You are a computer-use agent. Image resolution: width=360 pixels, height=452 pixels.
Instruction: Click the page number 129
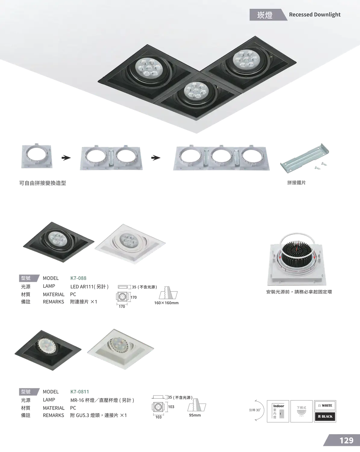(x=346, y=441)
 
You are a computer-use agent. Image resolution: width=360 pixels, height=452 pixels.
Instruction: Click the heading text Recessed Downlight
(x=315, y=14)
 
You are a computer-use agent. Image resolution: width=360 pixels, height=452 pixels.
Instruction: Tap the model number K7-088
(x=78, y=278)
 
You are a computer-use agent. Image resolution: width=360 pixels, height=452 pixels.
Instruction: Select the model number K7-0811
(x=80, y=392)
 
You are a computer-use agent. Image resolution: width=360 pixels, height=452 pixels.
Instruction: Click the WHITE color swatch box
(x=325, y=406)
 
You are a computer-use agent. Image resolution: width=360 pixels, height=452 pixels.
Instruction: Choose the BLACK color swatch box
(x=325, y=416)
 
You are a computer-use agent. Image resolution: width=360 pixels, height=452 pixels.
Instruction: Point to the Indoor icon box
(x=278, y=411)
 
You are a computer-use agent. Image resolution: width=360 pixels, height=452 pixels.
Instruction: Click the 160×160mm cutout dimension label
(x=166, y=303)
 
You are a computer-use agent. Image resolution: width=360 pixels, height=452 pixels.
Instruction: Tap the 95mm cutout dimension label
(x=195, y=415)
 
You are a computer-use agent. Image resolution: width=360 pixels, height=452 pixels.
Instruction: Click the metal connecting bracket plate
(x=305, y=158)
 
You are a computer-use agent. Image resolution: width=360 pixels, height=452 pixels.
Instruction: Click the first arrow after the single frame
(x=66, y=158)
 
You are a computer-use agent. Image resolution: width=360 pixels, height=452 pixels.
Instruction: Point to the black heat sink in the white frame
(x=297, y=255)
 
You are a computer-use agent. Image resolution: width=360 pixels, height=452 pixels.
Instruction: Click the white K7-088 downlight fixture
(x=130, y=244)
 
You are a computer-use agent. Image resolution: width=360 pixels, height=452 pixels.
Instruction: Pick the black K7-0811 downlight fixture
(x=48, y=350)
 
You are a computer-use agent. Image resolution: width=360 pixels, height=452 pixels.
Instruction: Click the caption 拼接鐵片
(x=296, y=183)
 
